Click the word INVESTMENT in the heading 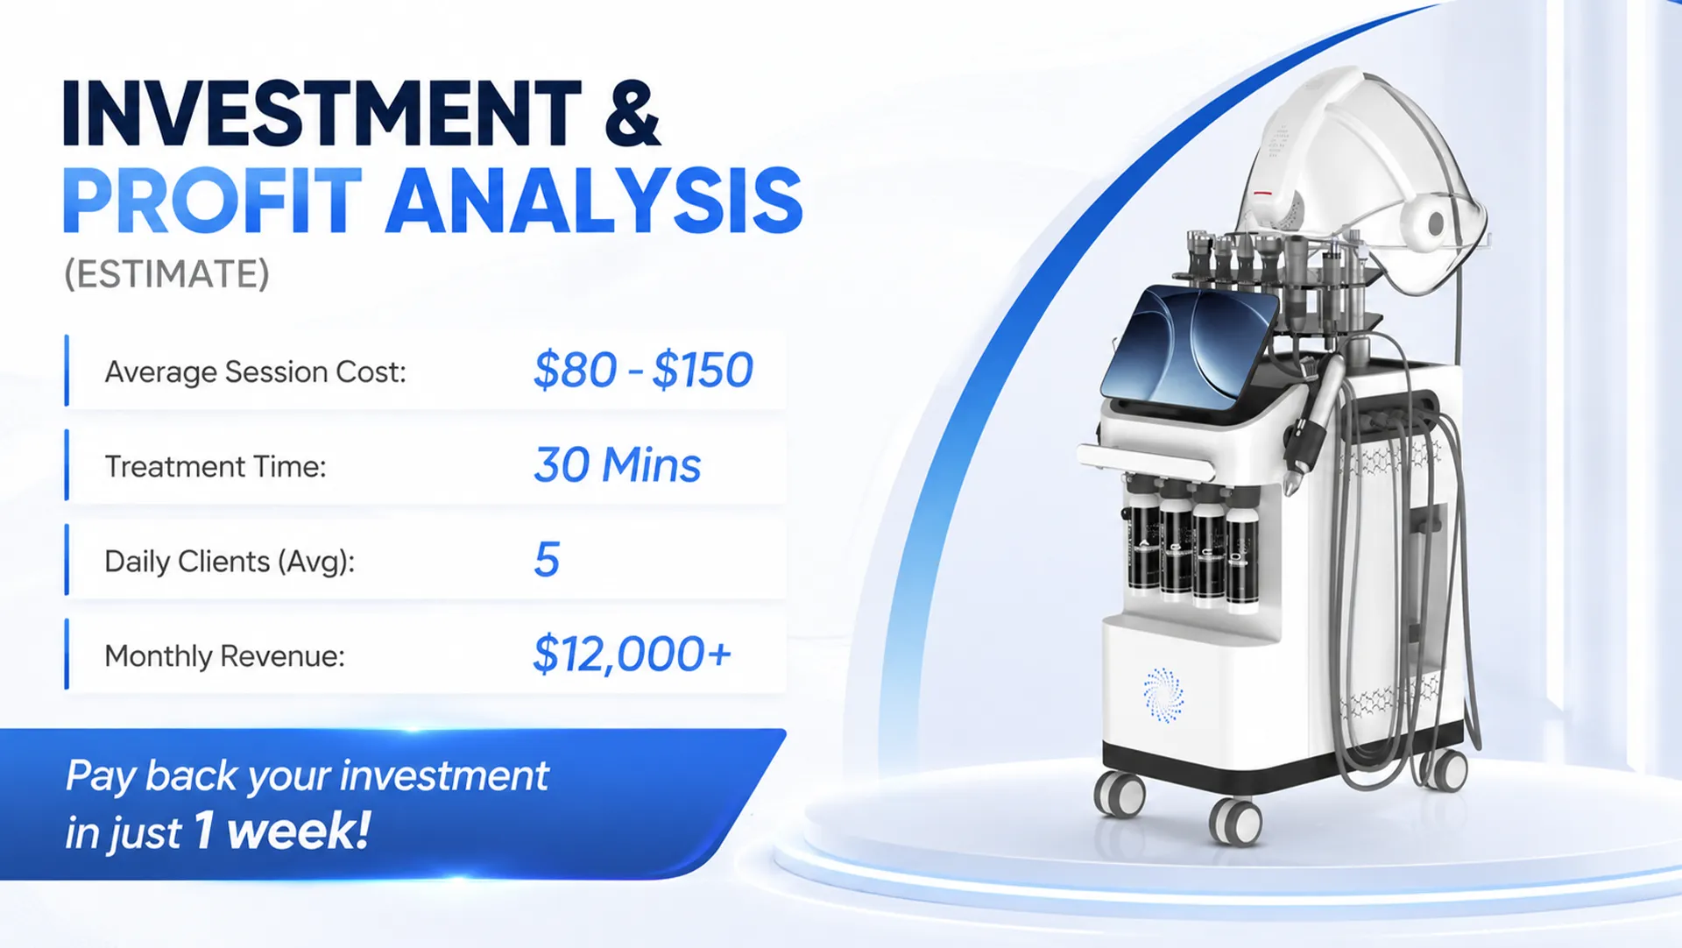(x=322, y=113)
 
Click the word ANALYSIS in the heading (x=594, y=201)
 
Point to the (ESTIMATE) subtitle (x=166, y=274)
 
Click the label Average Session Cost (x=256, y=371)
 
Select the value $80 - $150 (x=643, y=370)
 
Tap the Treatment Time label (x=216, y=466)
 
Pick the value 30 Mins (x=618, y=464)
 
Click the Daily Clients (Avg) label (x=230, y=561)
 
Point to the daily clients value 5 (x=547, y=559)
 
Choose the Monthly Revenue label (x=224, y=655)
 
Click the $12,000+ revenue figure (x=632, y=654)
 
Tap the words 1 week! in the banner (x=282, y=830)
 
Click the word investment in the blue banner (x=444, y=775)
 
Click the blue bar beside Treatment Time (x=67, y=465)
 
